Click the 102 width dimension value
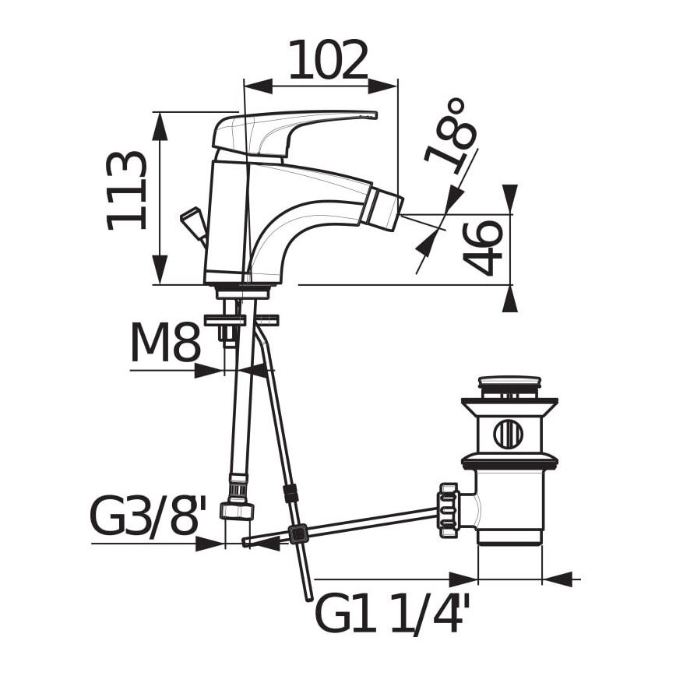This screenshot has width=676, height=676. [328, 61]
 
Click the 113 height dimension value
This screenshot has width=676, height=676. [127, 191]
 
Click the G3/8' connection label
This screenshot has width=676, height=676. [148, 516]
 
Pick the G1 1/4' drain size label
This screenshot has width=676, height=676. [393, 614]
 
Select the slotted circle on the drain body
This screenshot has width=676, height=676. [508, 434]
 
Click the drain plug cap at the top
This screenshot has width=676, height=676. [509, 384]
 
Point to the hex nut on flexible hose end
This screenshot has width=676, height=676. [237, 511]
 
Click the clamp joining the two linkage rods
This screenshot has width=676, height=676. [297, 534]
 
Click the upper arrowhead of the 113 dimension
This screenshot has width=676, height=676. [160, 125]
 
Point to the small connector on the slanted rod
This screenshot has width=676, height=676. [290, 493]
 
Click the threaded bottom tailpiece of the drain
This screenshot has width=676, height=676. [509, 537]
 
